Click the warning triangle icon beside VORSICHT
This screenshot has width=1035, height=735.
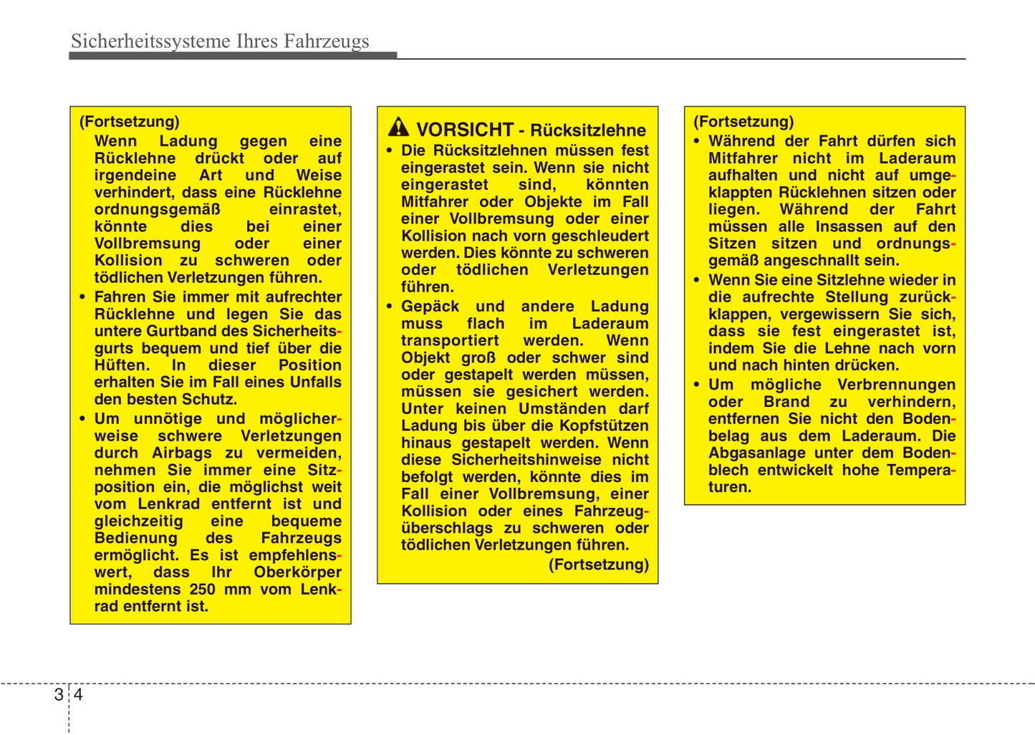(398, 128)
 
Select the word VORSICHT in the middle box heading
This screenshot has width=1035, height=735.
(465, 130)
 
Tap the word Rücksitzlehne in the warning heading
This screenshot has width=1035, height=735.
(588, 130)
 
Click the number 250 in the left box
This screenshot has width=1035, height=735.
(202, 590)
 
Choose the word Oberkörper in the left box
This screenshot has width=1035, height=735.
(297, 572)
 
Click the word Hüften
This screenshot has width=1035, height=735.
(120, 365)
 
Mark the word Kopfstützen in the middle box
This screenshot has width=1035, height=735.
(604, 426)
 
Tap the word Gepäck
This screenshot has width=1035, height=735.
(430, 307)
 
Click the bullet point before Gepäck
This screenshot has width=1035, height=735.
(390, 307)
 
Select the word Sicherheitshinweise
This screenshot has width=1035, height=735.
(526, 460)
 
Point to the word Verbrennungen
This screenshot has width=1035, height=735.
(896, 385)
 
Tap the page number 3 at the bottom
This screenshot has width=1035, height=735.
(58, 695)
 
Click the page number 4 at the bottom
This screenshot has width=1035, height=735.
(78, 695)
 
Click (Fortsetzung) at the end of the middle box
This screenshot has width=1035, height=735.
(598, 565)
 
